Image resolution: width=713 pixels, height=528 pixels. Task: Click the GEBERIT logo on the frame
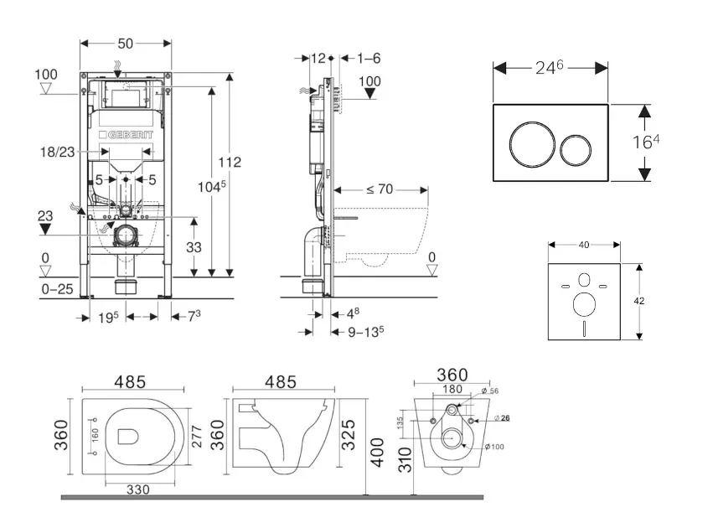127,136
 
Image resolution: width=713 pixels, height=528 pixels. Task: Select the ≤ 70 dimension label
379,189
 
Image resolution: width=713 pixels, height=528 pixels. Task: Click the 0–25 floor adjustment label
56,289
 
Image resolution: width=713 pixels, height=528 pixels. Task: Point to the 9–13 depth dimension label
365,331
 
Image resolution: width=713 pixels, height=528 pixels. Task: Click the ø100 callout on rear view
497,447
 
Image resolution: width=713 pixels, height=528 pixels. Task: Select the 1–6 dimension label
368,58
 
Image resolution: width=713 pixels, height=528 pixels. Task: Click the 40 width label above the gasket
584,245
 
